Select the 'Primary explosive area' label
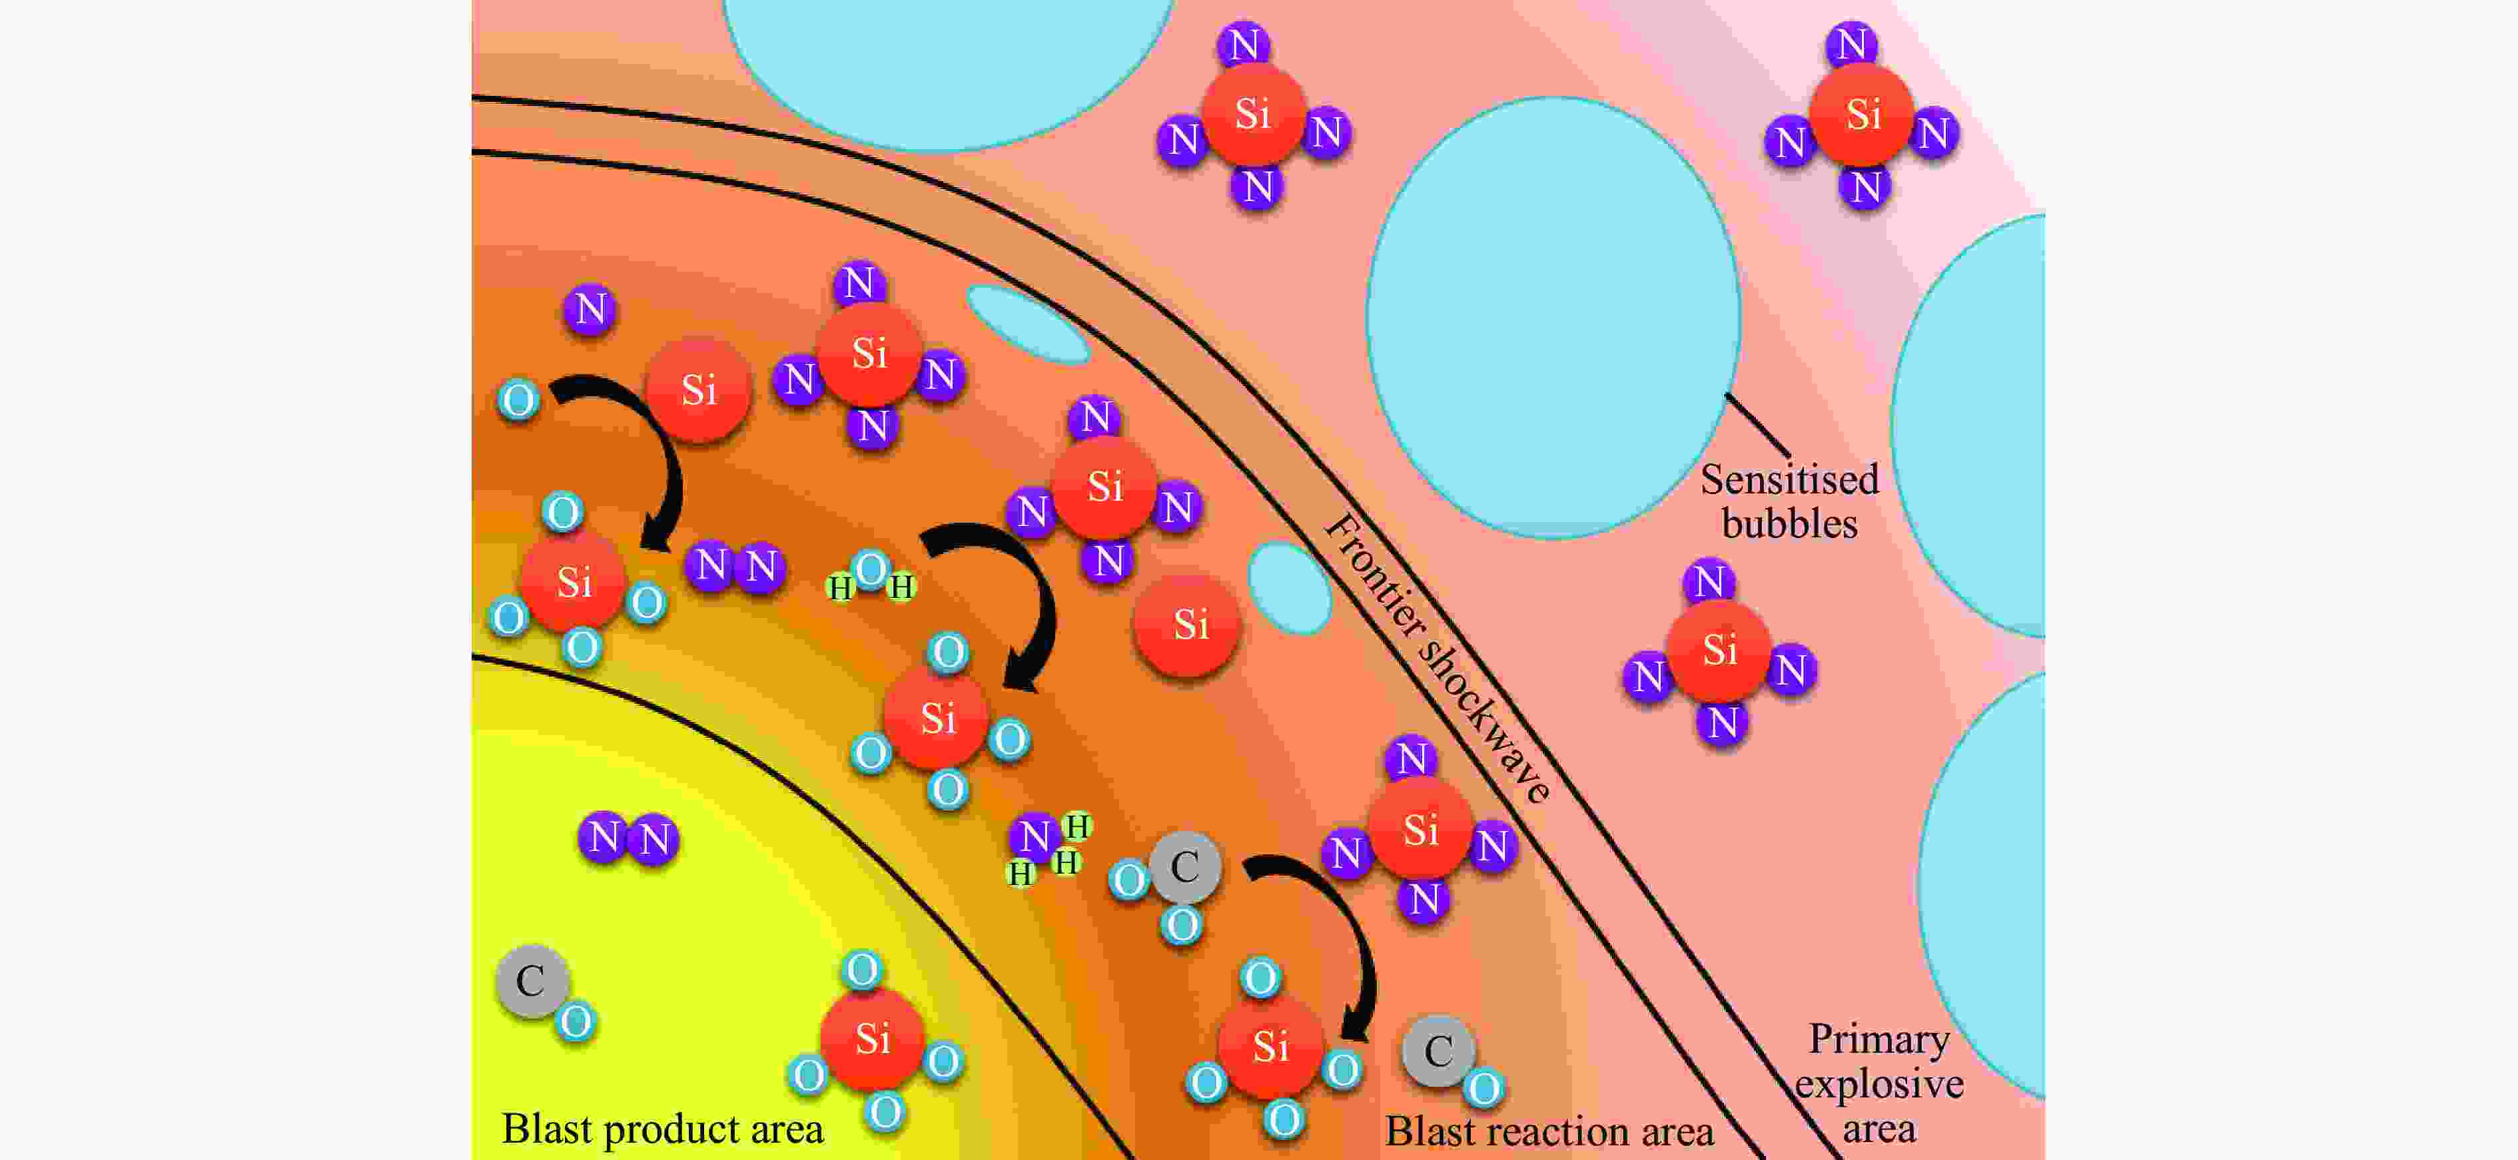[x=1879, y=1083]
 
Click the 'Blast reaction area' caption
[x=1549, y=1131]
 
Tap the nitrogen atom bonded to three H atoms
[x=1034, y=836]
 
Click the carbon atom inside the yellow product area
[x=532, y=980]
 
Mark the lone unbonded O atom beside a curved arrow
[x=518, y=400]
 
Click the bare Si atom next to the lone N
[x=698, y=390]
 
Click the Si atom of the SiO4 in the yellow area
[x=872, y=1038]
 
